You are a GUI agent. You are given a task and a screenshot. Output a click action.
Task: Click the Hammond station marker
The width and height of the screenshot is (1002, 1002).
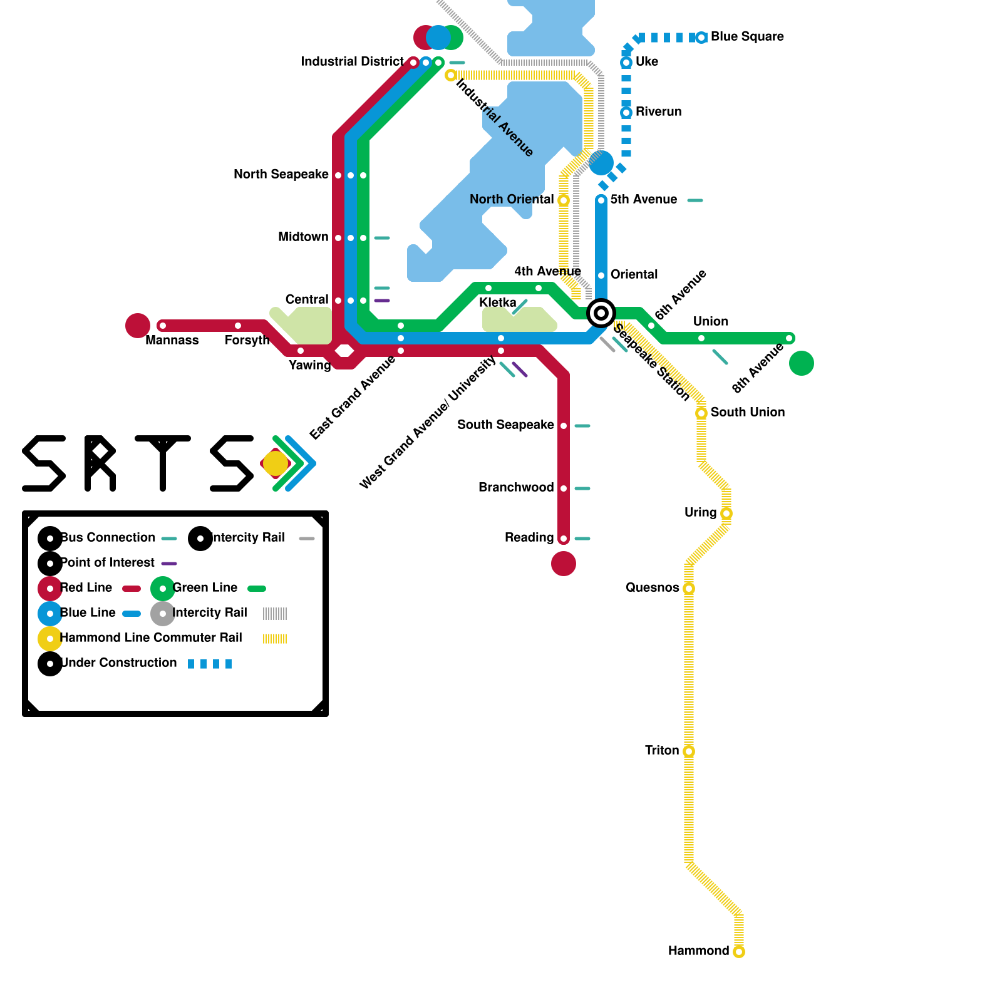coord(739,952)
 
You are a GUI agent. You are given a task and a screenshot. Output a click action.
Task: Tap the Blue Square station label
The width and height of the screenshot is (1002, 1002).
coord(747,37)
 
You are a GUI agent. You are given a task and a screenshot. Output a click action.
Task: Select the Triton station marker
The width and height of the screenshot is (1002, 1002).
coord(689,751)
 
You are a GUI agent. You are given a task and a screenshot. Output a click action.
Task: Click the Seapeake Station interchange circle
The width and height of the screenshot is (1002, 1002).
coord(601,313)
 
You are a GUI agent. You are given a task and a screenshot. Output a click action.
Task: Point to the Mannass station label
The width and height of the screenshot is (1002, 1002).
coord(172,341)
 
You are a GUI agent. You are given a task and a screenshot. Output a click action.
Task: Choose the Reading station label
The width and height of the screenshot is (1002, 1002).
coord(529,538)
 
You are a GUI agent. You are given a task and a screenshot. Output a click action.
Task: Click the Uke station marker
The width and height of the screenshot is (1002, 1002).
coord(626,63)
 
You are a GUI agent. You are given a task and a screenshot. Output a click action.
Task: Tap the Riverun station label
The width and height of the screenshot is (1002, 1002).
coord(658,112)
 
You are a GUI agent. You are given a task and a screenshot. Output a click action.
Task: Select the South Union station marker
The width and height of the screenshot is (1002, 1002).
coord(701,413)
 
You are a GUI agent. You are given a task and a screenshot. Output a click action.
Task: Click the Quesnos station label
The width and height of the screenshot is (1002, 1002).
coord(652,588)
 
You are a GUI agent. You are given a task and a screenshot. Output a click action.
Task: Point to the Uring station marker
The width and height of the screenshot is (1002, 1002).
coord(726,514)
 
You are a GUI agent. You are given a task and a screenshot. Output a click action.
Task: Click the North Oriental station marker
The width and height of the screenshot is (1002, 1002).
coord(564,200)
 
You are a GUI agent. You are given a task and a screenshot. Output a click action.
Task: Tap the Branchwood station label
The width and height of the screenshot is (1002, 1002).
coord(516,488)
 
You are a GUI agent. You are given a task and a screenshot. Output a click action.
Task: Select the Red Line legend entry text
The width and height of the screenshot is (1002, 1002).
coord(86,588)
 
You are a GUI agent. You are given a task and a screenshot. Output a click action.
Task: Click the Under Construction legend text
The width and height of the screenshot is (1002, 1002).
coord(119,663)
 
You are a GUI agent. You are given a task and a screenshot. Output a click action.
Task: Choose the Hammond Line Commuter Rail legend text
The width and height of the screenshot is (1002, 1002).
coord(151,638)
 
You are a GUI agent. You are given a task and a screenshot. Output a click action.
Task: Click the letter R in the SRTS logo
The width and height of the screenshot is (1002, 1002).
coord(100,463)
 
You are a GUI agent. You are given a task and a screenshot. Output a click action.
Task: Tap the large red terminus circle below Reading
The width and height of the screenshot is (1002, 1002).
coord(564,564)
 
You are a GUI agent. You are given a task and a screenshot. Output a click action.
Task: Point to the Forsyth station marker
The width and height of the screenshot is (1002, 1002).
coord(238,326)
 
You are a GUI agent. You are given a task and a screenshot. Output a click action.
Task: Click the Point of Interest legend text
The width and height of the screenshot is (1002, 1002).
coord(108,563)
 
